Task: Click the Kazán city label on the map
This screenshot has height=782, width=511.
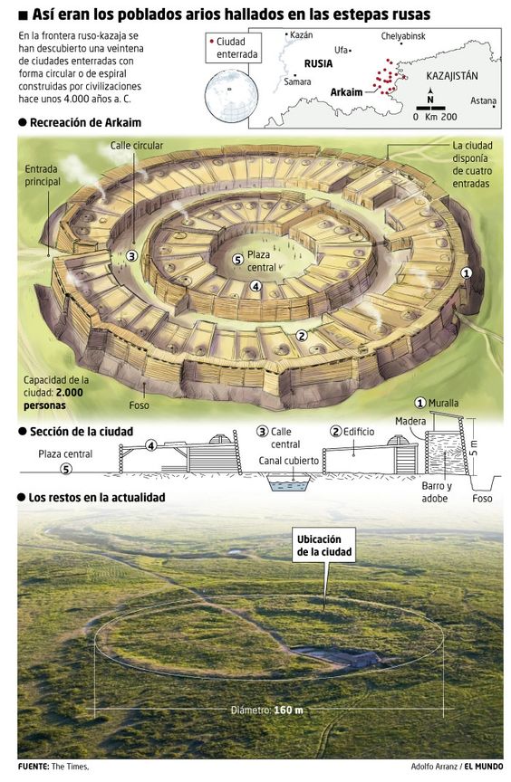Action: [x=302, y=35]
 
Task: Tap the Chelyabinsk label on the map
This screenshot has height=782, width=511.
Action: [x=403, y=36]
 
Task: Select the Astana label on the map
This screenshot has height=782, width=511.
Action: [x=483, y=100]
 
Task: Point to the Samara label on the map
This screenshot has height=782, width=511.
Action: [x=297, y=81]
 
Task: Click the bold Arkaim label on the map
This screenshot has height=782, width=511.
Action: [x=346, y=91]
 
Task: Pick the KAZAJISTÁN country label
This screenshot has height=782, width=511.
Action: [x=452, y=76]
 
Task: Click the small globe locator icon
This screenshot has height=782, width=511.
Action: [x=233, y=95]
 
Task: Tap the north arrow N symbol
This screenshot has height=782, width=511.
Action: [x=430, y=97]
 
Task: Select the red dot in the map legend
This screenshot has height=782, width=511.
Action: [x=212, y=42]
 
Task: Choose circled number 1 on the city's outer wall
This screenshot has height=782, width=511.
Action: [x=466, y=272]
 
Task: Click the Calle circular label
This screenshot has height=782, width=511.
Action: [x=137, y=146]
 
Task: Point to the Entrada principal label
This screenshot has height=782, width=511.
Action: [x=43, y=176]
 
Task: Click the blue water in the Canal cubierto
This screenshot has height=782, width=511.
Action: [x=290, y=484]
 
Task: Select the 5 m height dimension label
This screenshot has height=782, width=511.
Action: [x=474, y=447]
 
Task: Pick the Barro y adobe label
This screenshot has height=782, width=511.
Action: [x=436, y=492]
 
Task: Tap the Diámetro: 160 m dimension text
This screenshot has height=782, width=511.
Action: [x=267, y=710]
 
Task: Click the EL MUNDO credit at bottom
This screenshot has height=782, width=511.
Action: [x=484, y=766]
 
